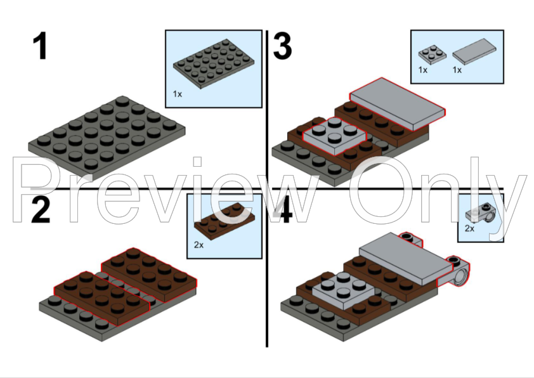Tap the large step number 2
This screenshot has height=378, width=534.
click(41, 209)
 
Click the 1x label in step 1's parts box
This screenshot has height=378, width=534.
click(178, 94)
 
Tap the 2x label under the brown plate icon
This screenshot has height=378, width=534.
click(199, 245)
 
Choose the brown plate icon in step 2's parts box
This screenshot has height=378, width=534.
click(224, 218)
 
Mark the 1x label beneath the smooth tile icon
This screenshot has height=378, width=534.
click(457, 70)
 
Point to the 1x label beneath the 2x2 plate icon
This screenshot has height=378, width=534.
click(423, 70)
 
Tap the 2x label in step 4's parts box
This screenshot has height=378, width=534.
click(469, 228)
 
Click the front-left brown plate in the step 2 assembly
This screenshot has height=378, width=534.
click(101, 295)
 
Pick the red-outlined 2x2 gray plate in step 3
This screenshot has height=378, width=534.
click(335, 135)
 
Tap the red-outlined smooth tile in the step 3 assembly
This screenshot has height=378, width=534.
click(397, 101)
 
